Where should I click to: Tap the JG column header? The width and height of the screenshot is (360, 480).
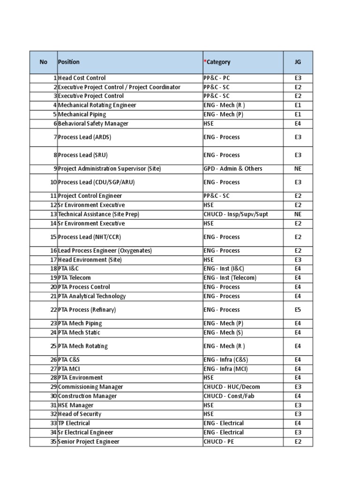(x=298, y=62)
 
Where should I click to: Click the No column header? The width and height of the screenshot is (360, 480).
(x=44, y=62)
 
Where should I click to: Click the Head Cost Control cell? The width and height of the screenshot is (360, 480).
(x=82, y=78)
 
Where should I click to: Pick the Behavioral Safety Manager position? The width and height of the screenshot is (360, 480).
(x=93, y=123)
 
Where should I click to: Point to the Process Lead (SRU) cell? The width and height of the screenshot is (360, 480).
(x=80, y=155)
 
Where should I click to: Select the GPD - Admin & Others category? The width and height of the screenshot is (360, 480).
(x=233, y=169)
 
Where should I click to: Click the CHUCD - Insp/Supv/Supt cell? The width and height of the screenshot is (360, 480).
(x=236, y=214)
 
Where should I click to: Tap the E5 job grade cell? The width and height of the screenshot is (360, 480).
(x=298, y=310)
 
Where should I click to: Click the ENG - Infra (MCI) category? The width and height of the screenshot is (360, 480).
(x=226, y=369)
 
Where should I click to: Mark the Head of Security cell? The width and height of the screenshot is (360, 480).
(x=80, y=414)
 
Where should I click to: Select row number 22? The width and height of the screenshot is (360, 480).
(x=53, y=310)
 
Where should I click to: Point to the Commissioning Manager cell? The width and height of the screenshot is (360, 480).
(x=90, y=387)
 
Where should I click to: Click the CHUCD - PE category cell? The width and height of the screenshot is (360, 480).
(x=219, y=442)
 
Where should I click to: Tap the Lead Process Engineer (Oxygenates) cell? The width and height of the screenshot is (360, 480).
(x=105, y=251)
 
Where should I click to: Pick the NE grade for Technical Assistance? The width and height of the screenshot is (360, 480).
(x=298, y=214)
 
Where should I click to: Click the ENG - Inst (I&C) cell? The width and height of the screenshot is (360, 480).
(x=224, y=269)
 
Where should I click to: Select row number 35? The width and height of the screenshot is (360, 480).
(x=53, y=442)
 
